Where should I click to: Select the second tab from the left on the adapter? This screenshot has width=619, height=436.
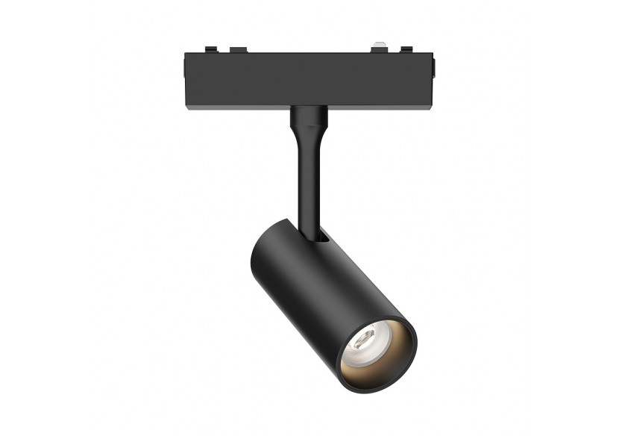(x=238, y=50)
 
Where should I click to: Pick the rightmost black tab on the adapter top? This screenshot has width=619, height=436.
(x=406, y=49)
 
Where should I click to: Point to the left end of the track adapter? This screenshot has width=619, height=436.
(x=184, y=79)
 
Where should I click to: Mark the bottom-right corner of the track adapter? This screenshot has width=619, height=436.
(x=432, y=106)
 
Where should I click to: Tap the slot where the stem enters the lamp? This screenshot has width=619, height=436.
(x=323, y=237)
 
